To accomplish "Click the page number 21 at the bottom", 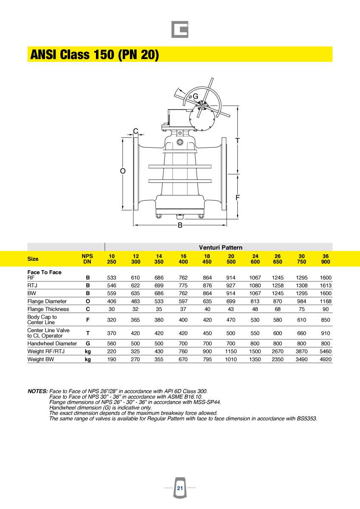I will pos(180,488).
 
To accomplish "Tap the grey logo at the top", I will pos(180,30).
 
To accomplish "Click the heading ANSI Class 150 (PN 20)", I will pos(95,55).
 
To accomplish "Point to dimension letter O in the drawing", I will pos(123,171).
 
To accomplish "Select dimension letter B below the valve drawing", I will pos(180,225).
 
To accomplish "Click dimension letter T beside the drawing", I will pos(238,140).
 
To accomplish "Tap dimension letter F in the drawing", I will pos(238,198).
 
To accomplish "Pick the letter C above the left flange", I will pos(135,131).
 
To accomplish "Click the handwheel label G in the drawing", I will pos(195,96).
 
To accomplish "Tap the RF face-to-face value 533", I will pos(112,278).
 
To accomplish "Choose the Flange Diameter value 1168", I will pos(326,301).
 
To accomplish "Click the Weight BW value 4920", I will pos(326,359).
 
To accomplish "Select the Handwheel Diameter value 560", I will pos(112,343).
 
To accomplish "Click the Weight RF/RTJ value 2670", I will pos(278,351).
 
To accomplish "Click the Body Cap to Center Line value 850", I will pos(326,320).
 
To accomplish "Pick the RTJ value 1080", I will pos(255,285).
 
